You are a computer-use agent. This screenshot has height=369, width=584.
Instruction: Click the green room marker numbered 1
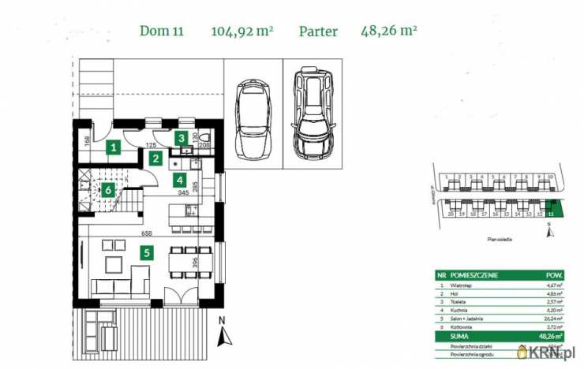[114, 147]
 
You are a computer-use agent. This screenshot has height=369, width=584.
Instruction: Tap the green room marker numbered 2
[156, 159]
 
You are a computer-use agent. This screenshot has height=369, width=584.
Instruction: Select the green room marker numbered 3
[182, 139]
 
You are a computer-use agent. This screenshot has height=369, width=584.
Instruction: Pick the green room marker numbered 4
[181, 179]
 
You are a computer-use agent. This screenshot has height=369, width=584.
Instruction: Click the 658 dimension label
[146, 234]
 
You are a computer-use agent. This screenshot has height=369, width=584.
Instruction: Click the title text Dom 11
[162, 32]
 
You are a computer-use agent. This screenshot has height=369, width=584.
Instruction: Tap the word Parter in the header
[318, 32]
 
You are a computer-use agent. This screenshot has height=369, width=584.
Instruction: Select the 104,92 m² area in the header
[241, 32]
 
